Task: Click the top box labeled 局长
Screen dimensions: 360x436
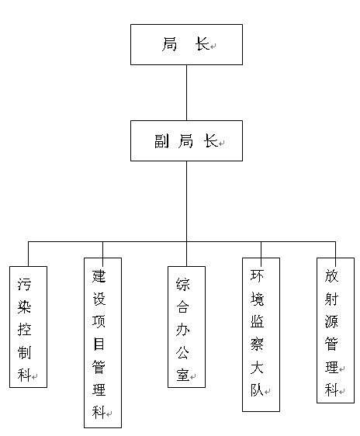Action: pyautogui.click(x=186, y=44)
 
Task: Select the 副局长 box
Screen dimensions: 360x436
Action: pyautogui.click(x=186, y=140)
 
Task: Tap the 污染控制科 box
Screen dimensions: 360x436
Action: pyautogui.click(x=29, y=327)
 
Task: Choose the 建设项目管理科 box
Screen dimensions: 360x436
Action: pyautogui.click(x=103, y=343)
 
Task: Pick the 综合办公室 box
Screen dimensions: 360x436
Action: pyautogui.click(x=186, y=327)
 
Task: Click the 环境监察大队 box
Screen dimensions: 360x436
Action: pyautogui.click(x=261, y=334)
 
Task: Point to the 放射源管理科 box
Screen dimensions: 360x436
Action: pyautogui.click(x=335, y=330)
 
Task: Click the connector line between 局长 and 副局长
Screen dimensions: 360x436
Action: pyautogui.click(x=186, y=92)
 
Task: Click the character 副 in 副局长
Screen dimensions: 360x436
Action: pyautogui.click(x=162, y=141)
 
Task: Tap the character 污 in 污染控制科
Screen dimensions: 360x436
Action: pyautogui.click(x=25, y=284)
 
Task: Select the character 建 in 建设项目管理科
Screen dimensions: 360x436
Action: pyautogui.click(x=99, y=276)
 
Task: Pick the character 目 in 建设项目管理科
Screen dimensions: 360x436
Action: pyautogui.click(x=99, y=344)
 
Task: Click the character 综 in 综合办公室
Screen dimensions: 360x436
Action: pyautogui.click(x=182, y=284)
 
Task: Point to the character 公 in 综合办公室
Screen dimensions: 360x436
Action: pyautogui.click(x=182, y=352)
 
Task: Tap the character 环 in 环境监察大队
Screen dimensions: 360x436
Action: pyautogui.click(x=257, y=276)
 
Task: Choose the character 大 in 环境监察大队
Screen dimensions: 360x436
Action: pyautogui.click(x=257, y=368)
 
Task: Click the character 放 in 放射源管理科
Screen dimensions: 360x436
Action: pyautogui.click(x=331, y=276)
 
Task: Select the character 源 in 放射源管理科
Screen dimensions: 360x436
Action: pyautogui.click(x=331, y=321)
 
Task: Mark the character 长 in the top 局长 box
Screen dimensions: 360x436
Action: pyautogui.click(x=202, y=44)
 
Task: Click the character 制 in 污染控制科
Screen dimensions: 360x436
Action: pyautogui.click(x=25, y=352)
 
